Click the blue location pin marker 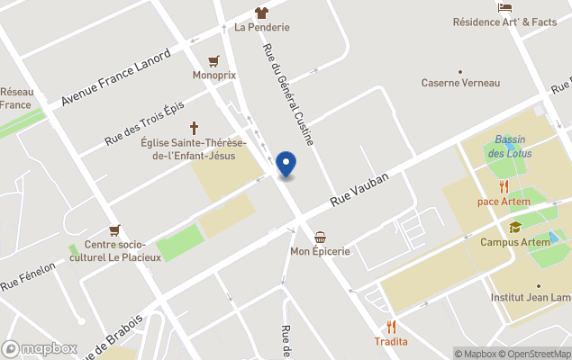coord(286,165)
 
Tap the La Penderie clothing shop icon coord(261,13)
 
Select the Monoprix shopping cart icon coord(213,61)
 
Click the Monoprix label coord(213,76)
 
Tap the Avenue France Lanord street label coord(116,78)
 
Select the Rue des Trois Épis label coord(144,122)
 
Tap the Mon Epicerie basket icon coord(320,237)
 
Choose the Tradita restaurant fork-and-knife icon coord(391,327)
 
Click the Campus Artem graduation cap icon coord(515,228)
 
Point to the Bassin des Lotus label coord(510,146)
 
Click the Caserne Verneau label coord(460,83)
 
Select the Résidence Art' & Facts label coord(504,22)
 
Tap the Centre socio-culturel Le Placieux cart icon coord(114,230)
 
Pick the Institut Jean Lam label coord(531,297)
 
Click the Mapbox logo coord(41,348)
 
